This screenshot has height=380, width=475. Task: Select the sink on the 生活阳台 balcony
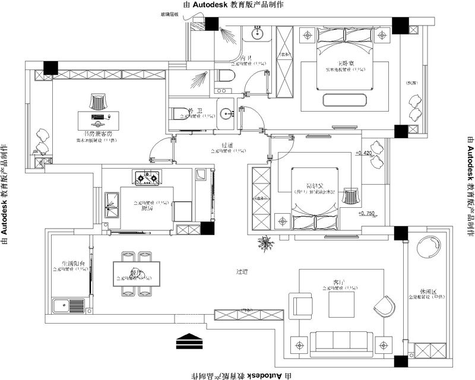pyautogui.click(x=61, y=306)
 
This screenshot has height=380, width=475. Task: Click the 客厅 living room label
pyautogui.click(x=340, y=283)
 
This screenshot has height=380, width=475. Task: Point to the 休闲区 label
pyautogui.click(x=427, y=292)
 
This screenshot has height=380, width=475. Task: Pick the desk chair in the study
pyautogui.click(x=98, y=100)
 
